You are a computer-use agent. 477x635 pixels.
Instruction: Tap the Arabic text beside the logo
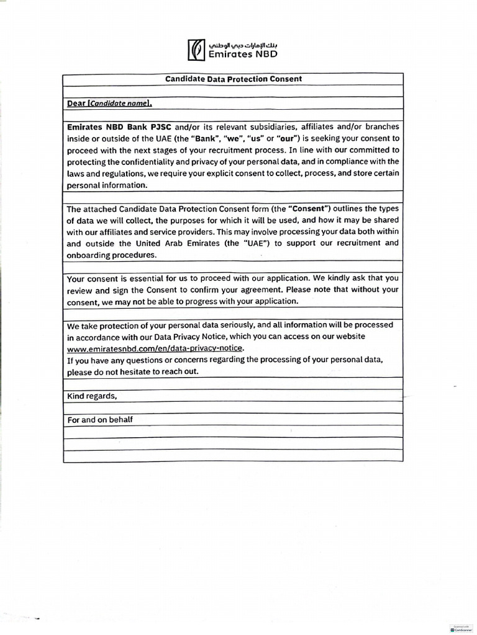tap(243, 45)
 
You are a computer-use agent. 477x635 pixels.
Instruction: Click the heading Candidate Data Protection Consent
tap(233, 79)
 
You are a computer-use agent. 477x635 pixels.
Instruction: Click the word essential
tap(137, 278)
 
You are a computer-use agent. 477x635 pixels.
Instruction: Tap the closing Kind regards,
tap(92, 396)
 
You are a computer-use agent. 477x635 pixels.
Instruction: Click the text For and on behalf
tap(100, 420)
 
